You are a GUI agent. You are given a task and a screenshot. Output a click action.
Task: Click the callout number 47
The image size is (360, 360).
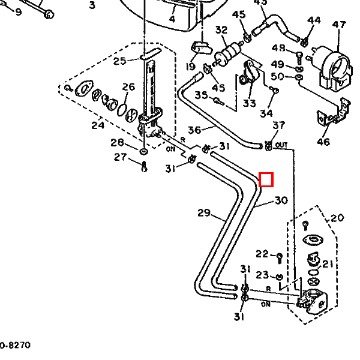(340, 25)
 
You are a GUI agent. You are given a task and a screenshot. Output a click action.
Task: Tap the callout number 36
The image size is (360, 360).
(194, 130)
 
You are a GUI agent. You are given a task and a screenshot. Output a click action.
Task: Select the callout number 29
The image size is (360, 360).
(204, 212)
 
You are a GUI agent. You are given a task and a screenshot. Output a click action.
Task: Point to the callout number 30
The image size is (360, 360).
(281, 200)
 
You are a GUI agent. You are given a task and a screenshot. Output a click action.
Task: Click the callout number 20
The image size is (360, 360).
(337, 218)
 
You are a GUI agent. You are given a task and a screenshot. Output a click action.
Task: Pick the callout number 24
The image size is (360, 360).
(98, 125)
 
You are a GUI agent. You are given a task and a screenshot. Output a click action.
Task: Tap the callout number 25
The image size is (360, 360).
(119, 61)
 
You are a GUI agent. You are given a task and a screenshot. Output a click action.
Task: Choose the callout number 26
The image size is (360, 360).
(128, 88)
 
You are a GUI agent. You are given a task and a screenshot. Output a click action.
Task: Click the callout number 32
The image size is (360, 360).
(221, 30)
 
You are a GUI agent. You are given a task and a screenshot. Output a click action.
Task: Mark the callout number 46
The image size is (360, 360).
(323, 142)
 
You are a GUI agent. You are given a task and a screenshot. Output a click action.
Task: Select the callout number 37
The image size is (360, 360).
(279, 125)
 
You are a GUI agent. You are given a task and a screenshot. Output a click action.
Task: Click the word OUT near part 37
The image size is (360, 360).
(283, 145)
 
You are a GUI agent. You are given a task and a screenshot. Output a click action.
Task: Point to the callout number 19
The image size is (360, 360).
(191, 67)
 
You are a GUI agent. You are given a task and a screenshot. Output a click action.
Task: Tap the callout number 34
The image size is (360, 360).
(266, 113)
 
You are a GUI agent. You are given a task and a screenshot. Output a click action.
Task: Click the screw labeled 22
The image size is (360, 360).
(280, 257)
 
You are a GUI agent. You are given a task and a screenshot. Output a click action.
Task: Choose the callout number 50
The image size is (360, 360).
(278, 76)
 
